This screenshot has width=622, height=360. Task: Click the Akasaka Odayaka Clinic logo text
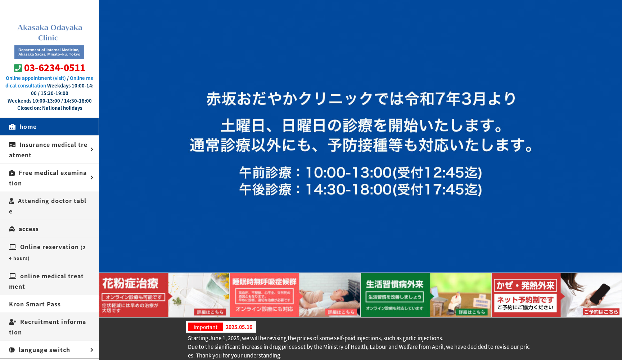(x=50, y=32)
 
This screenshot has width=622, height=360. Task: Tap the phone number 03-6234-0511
(x=55, y=68)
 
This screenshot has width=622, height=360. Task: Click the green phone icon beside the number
(x=18, y=68)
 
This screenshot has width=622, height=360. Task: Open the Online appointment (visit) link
(x=36, y=78)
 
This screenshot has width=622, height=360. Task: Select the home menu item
(x=28, y=127)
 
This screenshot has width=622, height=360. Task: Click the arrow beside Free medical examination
(x=92, y=177)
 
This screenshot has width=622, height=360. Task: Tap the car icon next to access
(x=12, y=229)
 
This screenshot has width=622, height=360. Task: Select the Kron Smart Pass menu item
(x=35, y=304)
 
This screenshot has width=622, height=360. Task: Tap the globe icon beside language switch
(x=12, y=350)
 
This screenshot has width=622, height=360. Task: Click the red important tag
(x=205, y=327)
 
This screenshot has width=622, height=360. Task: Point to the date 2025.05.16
(x=239, y=327)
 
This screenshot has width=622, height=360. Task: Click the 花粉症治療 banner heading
(x=130, y=283)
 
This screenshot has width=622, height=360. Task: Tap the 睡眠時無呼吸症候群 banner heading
(x=264, y=282)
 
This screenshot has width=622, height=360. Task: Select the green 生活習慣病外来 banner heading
(x=395, y=284)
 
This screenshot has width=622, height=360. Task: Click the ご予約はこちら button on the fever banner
(x=601, y=312)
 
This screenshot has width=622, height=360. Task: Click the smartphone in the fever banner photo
(x=600, y=294)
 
